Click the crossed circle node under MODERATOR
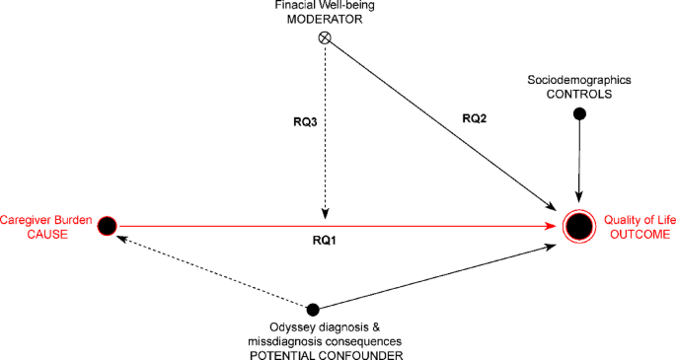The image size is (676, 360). (324, 38)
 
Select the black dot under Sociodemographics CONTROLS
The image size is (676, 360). (580, 114)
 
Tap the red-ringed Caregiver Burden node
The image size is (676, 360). (108, 226)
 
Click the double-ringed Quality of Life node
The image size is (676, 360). (579, 227)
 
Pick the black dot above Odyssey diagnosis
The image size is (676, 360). (313, 310)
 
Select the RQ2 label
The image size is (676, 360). (474, 118)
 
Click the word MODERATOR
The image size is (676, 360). (325, 20)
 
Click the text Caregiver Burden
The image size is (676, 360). (46, 221)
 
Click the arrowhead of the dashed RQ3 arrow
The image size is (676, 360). (324, 218)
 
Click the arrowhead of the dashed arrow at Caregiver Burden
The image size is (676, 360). (123, 237)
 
